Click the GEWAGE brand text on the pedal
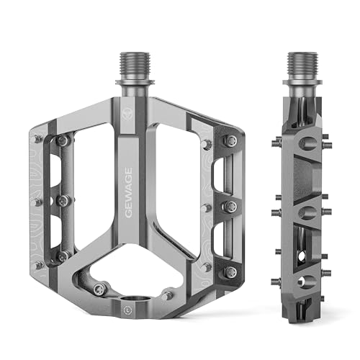pos(129,193)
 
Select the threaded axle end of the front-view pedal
pos(135,66)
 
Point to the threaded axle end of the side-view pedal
pos(302,66)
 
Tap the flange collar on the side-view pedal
pos(302,83)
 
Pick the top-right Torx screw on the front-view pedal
pos(231,140)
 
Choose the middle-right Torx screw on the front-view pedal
pos(231,206)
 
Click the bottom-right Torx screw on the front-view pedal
pos(231,272)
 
